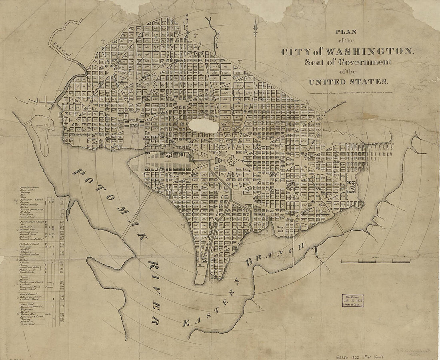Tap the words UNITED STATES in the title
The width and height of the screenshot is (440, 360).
pos(347,81)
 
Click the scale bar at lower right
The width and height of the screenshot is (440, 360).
pos(375,261)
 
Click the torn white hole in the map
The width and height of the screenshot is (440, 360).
pos(204,125)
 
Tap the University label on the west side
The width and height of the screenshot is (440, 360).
pos(82,135)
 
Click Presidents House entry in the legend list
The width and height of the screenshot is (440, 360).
pos(32,188)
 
